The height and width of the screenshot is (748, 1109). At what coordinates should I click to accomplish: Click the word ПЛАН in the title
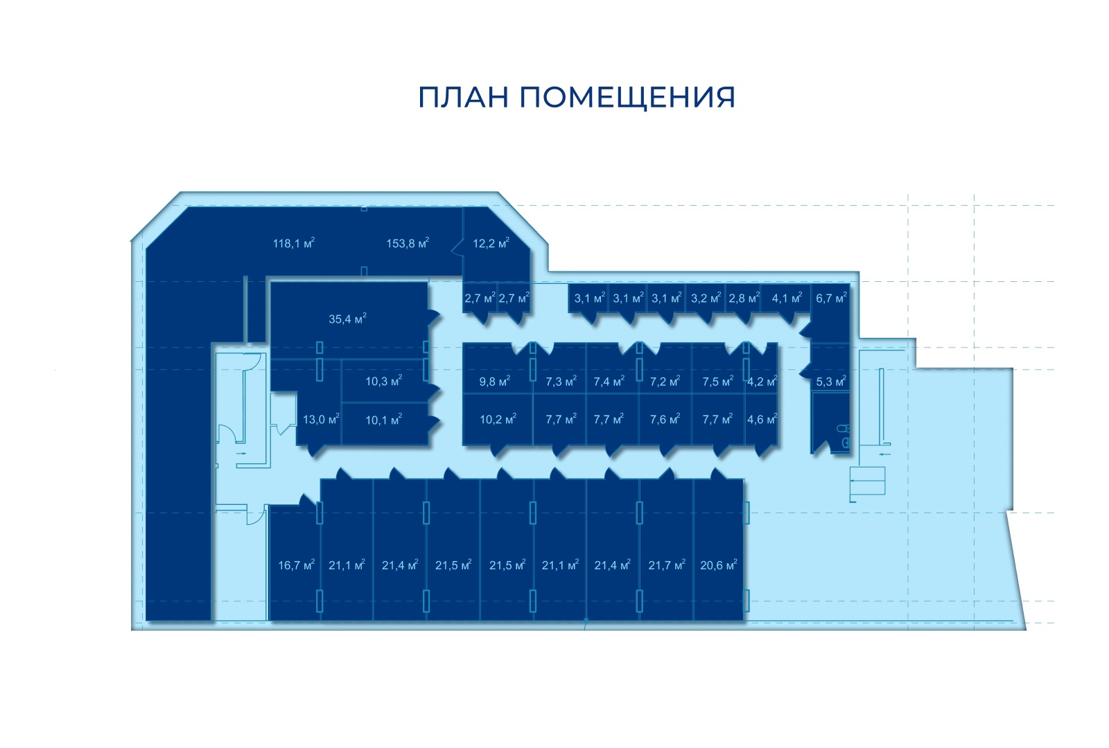click(x=464, y=98)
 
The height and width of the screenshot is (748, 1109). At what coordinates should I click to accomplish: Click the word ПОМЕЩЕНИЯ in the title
click(x=627, y=98)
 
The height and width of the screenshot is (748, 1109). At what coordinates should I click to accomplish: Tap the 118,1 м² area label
click(x=294, y=243)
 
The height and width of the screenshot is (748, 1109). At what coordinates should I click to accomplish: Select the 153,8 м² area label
click(x=408, y=243)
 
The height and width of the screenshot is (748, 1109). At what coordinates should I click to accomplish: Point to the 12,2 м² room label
click(x=491, y=243)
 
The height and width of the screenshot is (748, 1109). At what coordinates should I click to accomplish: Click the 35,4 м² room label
click(x=347, y=319)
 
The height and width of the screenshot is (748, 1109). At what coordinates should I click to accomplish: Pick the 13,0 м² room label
click(x=321, y=420)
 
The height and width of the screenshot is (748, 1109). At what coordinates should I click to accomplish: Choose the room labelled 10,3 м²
click(x=384, y=381)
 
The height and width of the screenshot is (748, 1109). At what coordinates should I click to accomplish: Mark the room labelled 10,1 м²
click(x=384, y=420)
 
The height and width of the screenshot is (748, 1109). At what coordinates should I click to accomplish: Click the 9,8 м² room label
click(x=495, y=382)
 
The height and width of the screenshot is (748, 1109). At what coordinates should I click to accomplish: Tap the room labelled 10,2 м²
click(x=498, y=420)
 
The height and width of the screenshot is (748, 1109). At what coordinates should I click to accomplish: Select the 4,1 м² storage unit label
click(x=787, y=299)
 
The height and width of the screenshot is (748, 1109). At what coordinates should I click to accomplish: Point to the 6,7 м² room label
click(x=831, y=299)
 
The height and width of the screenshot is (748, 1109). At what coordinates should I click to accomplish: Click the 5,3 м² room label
click(x=831, y=382)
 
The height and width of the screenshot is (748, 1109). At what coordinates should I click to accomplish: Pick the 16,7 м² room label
click(x=296, y=565)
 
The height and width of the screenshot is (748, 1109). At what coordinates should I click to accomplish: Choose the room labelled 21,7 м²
click(x=667, y=565)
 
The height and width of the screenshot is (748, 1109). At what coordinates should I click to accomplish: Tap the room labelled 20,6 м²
click(x=718, y=565)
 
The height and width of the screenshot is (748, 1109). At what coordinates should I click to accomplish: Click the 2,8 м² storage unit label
click(x=744, y=299)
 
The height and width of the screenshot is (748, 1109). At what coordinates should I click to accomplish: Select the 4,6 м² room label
click(x=762, y=420)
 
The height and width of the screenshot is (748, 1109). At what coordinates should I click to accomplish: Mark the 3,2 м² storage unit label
click(x=706, y=299)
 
